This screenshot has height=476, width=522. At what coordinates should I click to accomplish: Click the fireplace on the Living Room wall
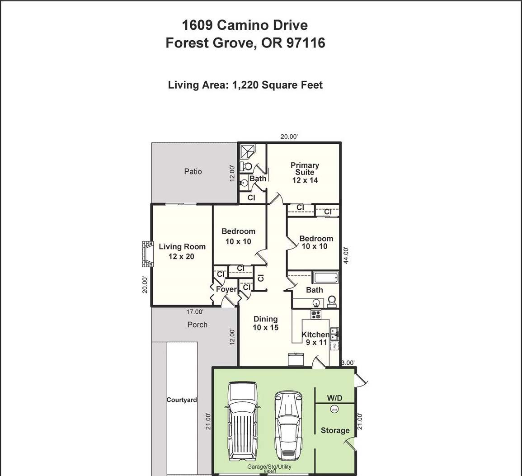[147, 254]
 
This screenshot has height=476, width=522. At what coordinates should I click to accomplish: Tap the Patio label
[193, 171]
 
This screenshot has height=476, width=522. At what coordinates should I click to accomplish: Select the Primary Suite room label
[305, 173]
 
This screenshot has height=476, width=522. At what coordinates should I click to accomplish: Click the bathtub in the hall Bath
[325, 277]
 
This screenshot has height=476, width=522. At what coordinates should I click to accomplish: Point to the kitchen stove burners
[315, 314]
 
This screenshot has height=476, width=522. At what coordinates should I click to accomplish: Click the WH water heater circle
[334, 409]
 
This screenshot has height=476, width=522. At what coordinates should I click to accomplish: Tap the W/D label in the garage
[334, 398]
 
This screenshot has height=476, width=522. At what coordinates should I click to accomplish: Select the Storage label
[335, 430]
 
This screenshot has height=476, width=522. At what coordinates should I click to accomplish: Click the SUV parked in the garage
[242, 421]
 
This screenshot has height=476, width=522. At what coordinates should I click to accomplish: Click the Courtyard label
[182, 400]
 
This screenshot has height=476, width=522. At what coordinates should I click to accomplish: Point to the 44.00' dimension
[346, 255]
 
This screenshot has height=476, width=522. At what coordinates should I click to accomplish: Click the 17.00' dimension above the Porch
[195, 312]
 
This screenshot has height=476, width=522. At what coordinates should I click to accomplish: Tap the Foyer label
[226, 289]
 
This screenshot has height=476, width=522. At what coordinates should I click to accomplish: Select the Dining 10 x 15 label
[265, 323]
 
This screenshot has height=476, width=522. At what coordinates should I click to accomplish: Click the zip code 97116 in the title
[306, 43]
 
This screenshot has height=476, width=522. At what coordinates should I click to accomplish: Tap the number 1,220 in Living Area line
[245, 85]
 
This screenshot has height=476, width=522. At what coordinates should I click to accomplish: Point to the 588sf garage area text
[269, 471]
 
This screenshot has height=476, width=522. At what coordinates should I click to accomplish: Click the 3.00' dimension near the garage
[348, 363]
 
